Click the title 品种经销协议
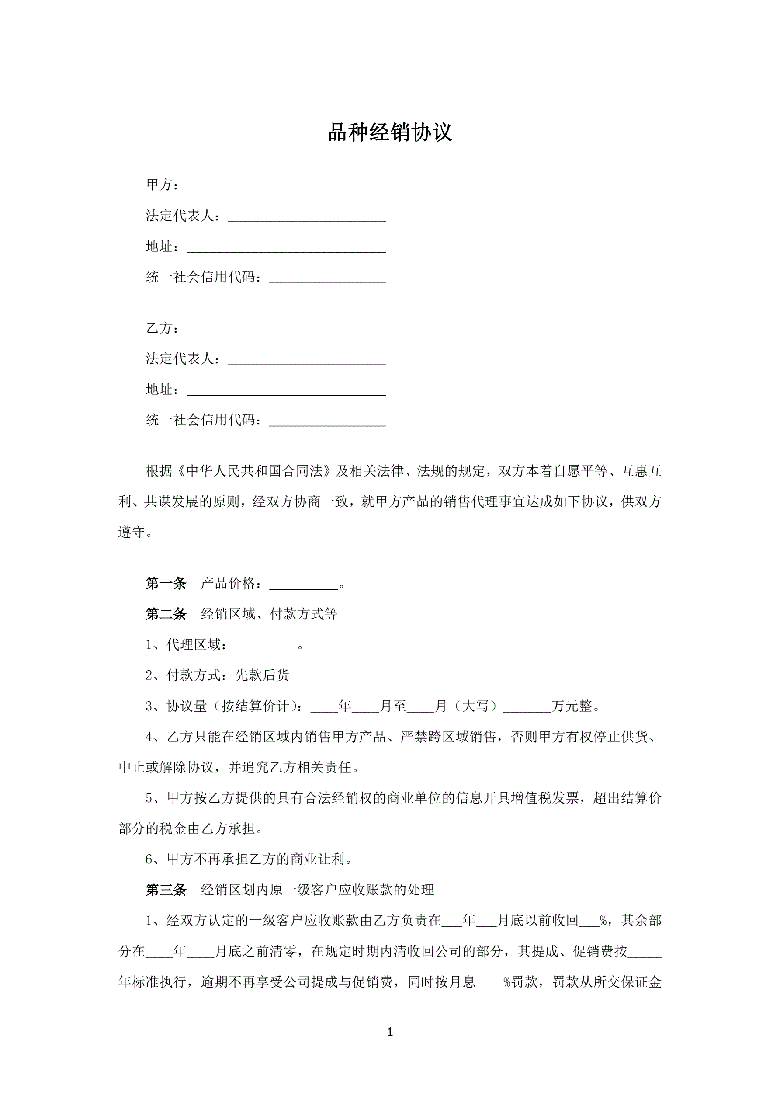[x=389, y=132]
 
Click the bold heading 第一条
[x=166, y=583]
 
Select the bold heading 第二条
[x=166, y=614]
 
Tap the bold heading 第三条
[x=166, y=890]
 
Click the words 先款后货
[x=262, y=675]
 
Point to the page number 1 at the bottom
[x=389, y=1032]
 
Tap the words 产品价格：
[x=232, y=583]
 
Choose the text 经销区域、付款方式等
[x=269, y=614]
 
